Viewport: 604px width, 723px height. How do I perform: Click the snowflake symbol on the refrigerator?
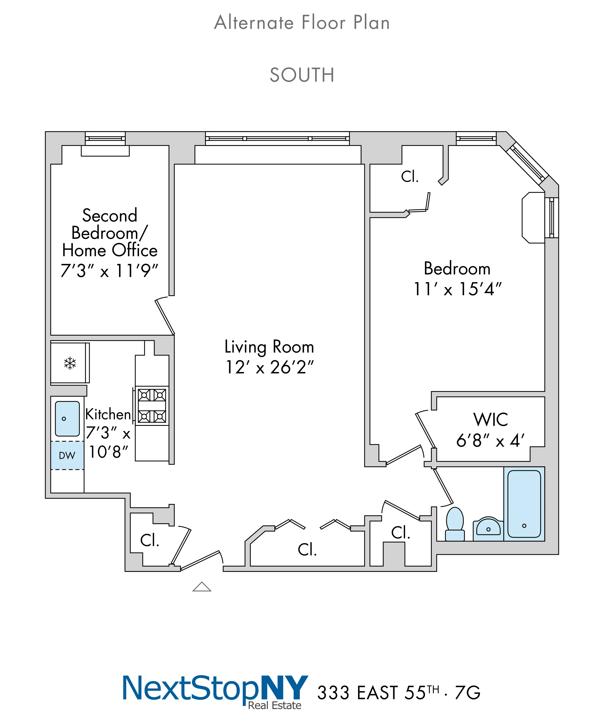(x=70, y=363)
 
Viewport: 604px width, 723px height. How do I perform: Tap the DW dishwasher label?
(x=67, y=455)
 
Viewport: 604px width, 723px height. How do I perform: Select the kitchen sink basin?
(x=67, y=418)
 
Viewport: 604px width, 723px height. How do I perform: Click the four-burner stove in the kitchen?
(x=152, y=406)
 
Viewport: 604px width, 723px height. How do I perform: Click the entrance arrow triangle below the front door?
(x=202, y=587)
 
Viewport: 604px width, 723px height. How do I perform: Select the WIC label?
(x=491, y=419)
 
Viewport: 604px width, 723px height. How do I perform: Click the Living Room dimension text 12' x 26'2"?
(x=270, y=367)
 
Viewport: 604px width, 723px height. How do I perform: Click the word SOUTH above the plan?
(x=302, y=75)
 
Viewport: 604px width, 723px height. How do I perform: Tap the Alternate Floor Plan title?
(x=302, y=23)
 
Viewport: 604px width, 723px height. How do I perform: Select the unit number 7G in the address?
(x=467, y=692)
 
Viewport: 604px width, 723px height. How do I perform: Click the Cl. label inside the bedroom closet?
(x=410, y=177)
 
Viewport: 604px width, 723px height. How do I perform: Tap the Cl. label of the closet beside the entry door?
(x=150, y=540)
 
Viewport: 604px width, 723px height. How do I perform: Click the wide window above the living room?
(x=277, y=138)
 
